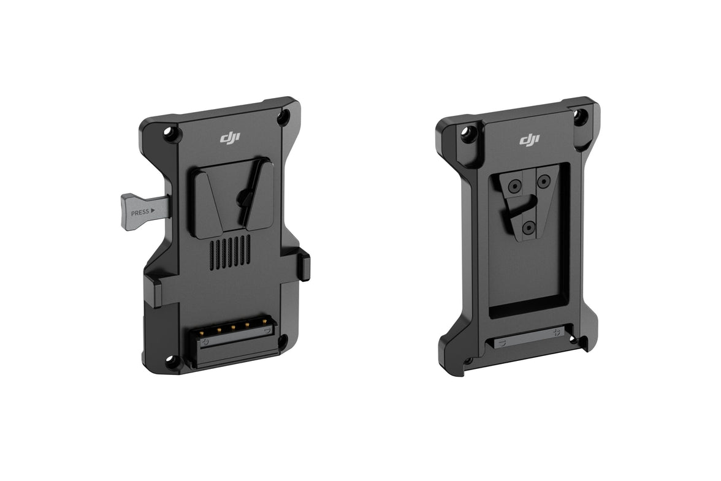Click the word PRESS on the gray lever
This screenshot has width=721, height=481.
(140, 212)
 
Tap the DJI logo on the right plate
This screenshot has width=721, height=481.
(530, 140)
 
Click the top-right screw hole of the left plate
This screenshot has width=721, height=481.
(283, 117)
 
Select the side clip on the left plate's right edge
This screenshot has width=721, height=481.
(304, 265)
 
